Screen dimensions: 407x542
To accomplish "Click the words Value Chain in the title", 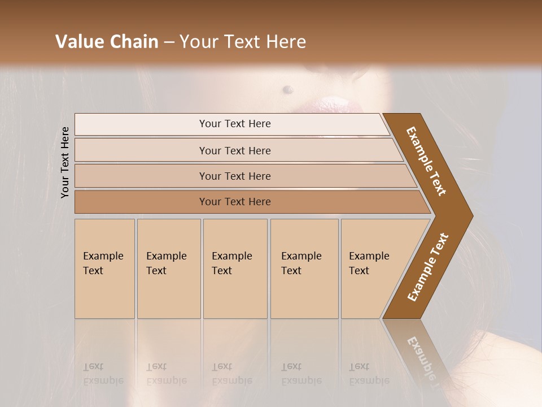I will click(x=107, y=42).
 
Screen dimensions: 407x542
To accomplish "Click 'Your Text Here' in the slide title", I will click(x=243, y=42).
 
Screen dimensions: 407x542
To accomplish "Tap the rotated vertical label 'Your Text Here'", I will click(x=65, y=162).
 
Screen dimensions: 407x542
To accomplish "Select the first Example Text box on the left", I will click(x=104, y=269).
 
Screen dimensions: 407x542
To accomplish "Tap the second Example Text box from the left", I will click(x=169, y=269).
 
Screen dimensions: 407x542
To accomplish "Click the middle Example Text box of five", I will click(x=235, y=269).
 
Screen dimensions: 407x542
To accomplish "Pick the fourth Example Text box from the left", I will click(x=304, y=269).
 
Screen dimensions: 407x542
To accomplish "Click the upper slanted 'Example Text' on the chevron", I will click(x=426, y=161).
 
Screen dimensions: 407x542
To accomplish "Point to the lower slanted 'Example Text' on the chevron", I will click(x=428, y=267).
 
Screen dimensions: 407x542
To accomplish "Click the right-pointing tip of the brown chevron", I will click(x=470, y=215).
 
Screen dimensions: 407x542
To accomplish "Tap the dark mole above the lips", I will click(x=287, y=89).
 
